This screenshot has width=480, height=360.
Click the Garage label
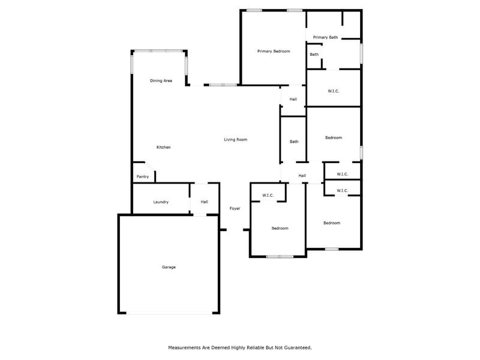(169, 267)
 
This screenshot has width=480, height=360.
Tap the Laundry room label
(161, 202)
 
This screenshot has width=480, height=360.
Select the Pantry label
(143, 176)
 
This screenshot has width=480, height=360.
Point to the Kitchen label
(164, 147)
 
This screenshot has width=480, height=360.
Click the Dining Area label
(161, 80)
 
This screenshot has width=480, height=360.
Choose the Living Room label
(236, 140)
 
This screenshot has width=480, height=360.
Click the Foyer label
(235, 208)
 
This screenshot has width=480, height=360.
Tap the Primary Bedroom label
(274, 52)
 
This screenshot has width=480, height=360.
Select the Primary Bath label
(325, 37)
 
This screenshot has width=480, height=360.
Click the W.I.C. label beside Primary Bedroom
(334, 91)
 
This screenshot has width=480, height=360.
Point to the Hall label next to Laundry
(205, 202)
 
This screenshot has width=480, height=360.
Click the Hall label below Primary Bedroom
(293, 99)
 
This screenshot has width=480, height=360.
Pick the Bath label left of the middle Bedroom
(294, 142)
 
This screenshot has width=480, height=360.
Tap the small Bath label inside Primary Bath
(314, 55)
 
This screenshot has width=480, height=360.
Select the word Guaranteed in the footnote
(294, 347)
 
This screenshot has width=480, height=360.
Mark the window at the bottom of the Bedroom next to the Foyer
(280, 257)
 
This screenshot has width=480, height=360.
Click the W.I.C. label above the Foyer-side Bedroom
(268, 195)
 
